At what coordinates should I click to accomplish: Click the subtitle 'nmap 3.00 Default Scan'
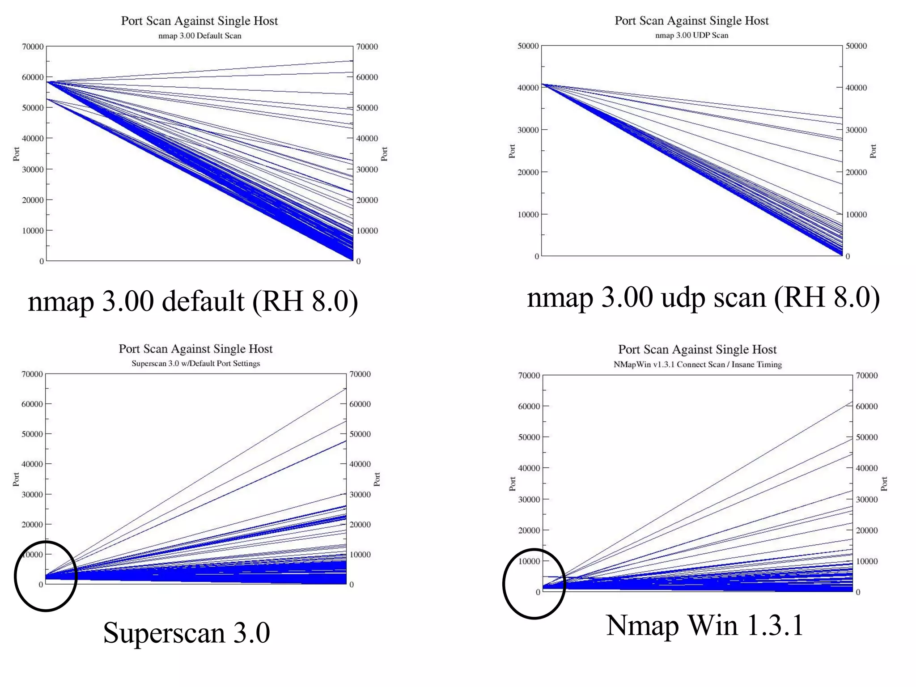click(199, 36)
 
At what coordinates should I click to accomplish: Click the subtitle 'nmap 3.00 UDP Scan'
click(691, 35)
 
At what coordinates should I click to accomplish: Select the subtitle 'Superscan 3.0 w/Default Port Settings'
click(195, 364)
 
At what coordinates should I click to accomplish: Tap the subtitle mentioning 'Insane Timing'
click(697, 365)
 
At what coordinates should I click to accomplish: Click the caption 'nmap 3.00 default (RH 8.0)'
click(193, 301)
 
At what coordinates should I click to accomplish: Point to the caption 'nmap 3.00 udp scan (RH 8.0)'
click(703, 297)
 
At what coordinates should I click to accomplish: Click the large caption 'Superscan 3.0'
click(187, 632)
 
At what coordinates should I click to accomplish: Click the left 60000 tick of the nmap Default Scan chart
click(33, 77)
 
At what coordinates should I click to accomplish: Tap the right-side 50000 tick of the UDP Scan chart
click(856, 46)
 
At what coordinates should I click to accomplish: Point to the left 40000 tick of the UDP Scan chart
click(528, 88)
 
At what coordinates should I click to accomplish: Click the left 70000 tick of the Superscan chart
click(32, 374)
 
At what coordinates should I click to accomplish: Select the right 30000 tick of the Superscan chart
click(360, 495)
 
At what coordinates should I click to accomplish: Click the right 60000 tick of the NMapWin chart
click(867, 407)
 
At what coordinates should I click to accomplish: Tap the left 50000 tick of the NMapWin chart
click(529, 437)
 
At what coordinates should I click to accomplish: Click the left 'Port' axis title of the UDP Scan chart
click(512, 151)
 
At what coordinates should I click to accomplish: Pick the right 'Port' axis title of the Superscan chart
click(377, 479)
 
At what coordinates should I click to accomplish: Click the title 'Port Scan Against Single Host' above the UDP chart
click(691, 21)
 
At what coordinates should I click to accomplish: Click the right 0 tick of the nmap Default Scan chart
click(358, 262)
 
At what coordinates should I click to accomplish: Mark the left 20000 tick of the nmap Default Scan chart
click(33, 200)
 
